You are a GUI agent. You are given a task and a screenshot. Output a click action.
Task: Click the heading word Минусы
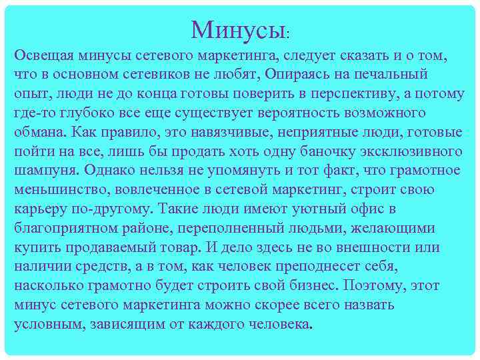(238, 29)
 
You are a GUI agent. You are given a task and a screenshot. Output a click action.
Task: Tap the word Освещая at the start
(45, 54)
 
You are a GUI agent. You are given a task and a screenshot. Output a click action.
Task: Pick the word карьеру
(41, 209)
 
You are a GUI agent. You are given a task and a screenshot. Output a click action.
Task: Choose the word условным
(46, 325)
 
